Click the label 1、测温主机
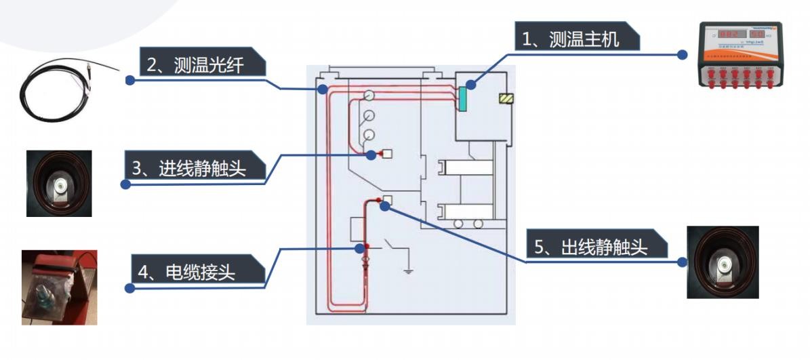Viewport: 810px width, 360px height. click(x=571, y=39)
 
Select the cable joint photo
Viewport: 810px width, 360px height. click(x=59, y=287)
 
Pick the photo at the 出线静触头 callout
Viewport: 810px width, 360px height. click(x=722, y=262)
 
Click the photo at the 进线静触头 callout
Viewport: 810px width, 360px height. click(x=59, y=184)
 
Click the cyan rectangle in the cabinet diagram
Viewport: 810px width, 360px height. click(x=462, y=100)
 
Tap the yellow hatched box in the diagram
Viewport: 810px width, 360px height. click(x=506, y=99)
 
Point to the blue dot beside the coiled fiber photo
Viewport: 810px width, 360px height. click(x=128, y=80)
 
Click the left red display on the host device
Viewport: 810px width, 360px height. click(x=729, y=33)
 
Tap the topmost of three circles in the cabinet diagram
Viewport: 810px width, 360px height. click(x=369, y=94)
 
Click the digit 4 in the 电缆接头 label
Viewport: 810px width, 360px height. click(x=143, y=273)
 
